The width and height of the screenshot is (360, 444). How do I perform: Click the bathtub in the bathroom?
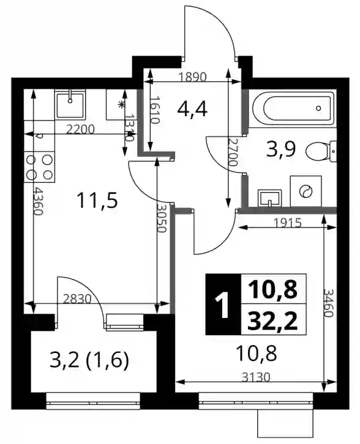click(293, 108)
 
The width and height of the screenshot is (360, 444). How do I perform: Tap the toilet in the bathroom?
click(321, 150)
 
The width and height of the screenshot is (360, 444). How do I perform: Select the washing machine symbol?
click(306, 191)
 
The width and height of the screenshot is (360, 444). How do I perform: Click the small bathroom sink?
click(269, 198)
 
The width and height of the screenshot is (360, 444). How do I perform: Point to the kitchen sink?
click(70, 105)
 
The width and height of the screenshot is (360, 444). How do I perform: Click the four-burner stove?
click(39, 167)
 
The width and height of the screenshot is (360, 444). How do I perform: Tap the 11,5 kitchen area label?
click(97, 201)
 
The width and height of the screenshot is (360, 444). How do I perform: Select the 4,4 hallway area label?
click(192, 109)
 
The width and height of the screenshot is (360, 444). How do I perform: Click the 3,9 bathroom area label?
click(281, 149)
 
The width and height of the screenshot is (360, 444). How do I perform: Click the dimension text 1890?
click(192, 76)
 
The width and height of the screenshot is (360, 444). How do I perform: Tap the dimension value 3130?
click(256, 377)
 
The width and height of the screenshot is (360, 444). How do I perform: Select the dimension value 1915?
click(287, 223)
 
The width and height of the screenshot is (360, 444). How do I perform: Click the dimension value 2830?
click(77, 298)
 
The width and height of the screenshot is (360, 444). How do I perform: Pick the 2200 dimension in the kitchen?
click(80, 130)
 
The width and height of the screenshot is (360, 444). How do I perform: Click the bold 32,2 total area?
click(272, 322)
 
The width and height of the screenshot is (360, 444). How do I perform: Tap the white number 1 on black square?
click(223, 305)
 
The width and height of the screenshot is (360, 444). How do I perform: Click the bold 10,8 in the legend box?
click(272, 290)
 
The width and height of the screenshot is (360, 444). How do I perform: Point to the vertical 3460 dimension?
click(328, 303)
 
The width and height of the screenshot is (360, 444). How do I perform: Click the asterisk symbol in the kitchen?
click(122, 105)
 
